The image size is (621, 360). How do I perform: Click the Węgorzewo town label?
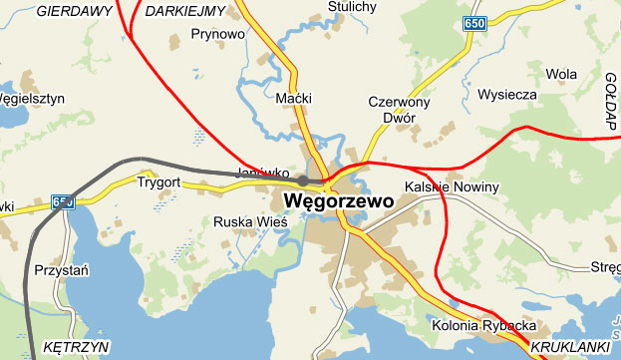[x=339, y=200]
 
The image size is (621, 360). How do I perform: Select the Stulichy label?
[x=353, y=7]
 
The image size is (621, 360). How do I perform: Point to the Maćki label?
[x=293, y=99]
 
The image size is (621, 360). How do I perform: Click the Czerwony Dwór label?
[x=399, y=110]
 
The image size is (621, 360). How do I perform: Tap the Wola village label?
[x=561, y=74]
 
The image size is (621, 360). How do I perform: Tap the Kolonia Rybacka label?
[x=484, y=326]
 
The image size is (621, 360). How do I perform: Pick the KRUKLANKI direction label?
[x=569, y=346]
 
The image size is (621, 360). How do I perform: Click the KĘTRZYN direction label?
[x=76, y=346]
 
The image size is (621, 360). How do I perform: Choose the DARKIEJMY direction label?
[x=185, y=11]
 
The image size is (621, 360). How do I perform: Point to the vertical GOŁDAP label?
[x=611, y=101]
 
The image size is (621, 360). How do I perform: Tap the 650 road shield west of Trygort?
[x=63, y=201]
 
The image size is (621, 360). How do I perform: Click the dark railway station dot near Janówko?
[x=302, y=180]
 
